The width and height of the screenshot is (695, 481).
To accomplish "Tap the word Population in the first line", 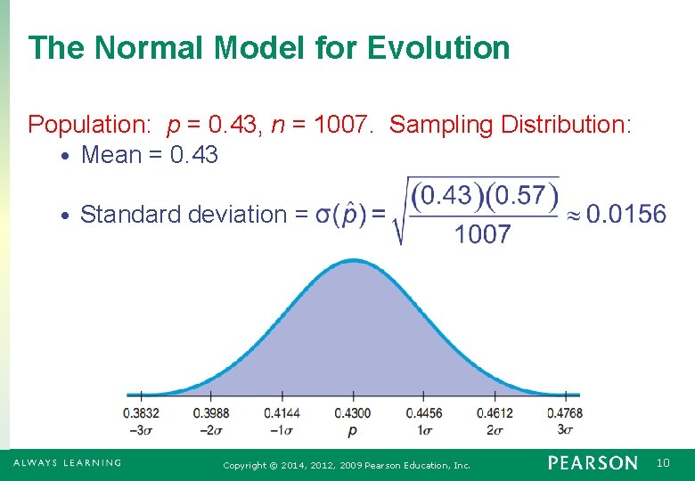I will [x=87, y=125].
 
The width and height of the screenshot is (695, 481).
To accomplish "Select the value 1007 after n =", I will [x=343, y=125].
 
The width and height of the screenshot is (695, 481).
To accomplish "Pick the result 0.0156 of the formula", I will [x=625, y=214].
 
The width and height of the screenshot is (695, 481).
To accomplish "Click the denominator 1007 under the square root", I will [x=482, y=235].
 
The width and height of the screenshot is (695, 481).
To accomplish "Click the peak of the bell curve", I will [x=354, y=261].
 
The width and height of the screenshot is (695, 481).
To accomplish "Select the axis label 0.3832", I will [x=141, y=413].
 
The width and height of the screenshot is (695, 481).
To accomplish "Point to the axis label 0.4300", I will [x=353, y=413].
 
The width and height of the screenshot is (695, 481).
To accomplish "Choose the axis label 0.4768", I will [x=565, y=413].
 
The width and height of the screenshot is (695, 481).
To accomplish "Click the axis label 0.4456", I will [x=423, y=413].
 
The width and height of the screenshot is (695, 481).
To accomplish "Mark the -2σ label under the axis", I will [x=211, y=428].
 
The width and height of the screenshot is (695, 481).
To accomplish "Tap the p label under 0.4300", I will [x=353, y=430].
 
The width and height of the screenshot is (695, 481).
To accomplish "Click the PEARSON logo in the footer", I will [x=593, y=463].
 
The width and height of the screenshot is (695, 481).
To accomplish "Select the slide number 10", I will [x=663, y=463].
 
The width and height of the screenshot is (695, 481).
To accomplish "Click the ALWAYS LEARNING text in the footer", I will [x=67, y=462].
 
